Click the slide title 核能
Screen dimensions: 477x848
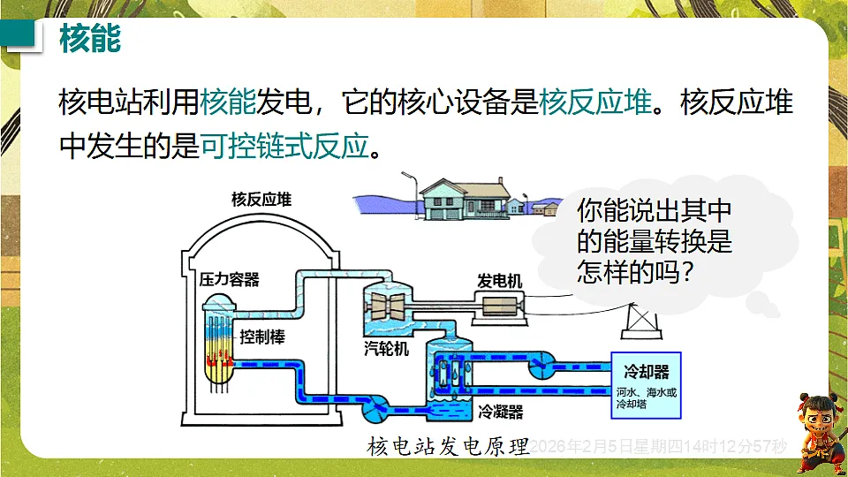[x=90, y=40]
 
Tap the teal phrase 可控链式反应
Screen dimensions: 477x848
[x=283, y=144]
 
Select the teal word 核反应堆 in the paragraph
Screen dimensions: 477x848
[x=595, y=102]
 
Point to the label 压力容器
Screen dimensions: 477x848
[x=230, y=280]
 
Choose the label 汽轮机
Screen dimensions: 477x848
[x=386, y=349]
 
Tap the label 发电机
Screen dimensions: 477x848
[x=499, y=281]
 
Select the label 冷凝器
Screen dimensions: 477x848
[x=501, y=413]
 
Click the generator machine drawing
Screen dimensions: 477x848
[x=499, y=307]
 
